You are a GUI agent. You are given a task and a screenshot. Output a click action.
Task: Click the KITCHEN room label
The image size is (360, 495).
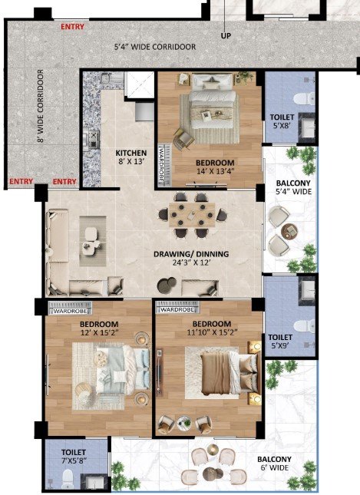pos(131,153)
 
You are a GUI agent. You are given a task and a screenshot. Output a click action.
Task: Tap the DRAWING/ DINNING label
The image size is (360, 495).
pos(191,254)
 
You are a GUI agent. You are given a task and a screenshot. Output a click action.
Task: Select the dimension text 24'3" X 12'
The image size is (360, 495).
pos(191,262)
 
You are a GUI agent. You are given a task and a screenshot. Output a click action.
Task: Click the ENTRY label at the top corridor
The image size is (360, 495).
pos(73,27)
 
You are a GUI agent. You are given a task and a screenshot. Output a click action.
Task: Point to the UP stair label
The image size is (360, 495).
pos(226,36)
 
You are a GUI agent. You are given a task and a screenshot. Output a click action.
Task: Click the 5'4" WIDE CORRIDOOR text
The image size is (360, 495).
pos(155,47)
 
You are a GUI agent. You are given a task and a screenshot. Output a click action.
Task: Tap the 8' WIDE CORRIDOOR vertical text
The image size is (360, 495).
pos(41,106)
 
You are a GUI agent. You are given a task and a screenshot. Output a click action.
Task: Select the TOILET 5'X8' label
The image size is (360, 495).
pos(282,121)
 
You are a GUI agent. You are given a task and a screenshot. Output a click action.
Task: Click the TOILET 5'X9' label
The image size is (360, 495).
pos(280,342)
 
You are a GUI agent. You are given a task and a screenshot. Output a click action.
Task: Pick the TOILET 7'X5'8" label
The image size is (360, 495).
pos(74,457)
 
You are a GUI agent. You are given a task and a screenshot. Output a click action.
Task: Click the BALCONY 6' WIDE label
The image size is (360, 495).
pos(274,464)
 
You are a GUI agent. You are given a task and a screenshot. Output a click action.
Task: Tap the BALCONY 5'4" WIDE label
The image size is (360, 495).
pos(293,187)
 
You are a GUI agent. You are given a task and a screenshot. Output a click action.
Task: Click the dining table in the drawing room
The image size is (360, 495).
pos(192,216)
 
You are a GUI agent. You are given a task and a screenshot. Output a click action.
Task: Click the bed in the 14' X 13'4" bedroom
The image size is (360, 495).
pos(213,101)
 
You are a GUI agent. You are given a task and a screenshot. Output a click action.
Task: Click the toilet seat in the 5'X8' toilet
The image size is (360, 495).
pos(303,99)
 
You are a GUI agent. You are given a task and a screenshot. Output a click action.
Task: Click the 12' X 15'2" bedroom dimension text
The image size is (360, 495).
pos(99,332)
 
